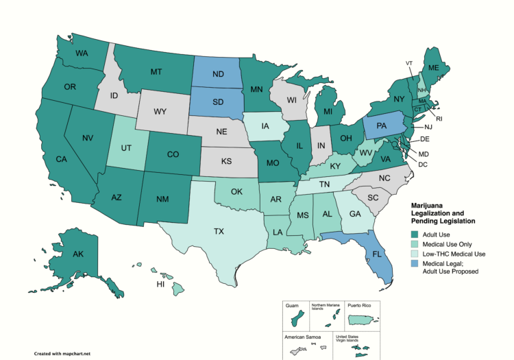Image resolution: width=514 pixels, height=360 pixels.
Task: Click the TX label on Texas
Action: click(x=219, y=232)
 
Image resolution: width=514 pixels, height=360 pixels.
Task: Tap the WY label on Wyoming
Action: click(x=160, y=112)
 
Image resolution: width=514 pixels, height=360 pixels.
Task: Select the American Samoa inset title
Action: click(x=301, y=337)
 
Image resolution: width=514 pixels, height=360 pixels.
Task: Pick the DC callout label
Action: click(x=423, y=165)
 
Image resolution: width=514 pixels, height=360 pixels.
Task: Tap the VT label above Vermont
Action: click(x=409, y=63)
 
